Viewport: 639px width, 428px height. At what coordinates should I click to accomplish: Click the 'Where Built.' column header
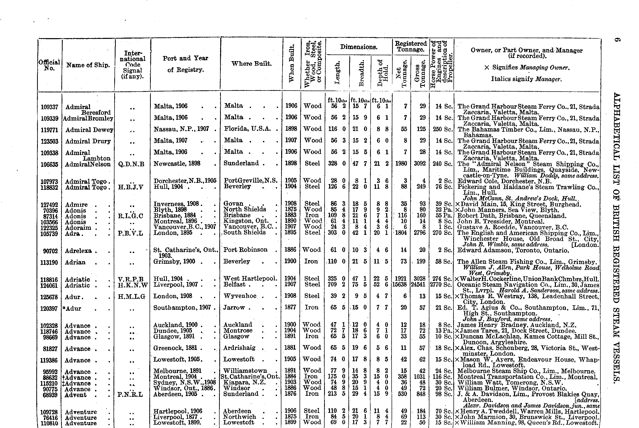pos(251,64)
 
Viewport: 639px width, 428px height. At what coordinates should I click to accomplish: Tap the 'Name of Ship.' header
pos(88,65)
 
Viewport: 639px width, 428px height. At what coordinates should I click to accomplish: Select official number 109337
pos(49,107)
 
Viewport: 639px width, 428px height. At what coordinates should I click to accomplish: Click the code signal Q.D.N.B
pos(131,164)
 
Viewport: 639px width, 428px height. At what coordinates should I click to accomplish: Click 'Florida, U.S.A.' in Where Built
pos(247,129)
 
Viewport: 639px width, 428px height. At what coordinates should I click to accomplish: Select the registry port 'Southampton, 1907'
pos(182,308)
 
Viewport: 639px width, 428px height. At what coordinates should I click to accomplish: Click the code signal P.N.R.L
pos(130,394)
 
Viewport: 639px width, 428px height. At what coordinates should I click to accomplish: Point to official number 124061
pos(49,285)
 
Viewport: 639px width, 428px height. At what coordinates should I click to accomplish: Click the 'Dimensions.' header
pos(359,47)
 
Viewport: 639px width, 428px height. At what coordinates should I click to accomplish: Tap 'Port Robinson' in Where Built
pos(245,250)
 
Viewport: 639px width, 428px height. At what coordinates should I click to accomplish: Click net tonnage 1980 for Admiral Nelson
pos(401,163)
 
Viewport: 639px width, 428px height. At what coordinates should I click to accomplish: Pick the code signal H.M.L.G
pos(132,297)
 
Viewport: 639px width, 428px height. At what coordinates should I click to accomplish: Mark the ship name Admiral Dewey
pos(89,130)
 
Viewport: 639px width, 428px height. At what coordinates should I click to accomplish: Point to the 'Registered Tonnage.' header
pos(411,46)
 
